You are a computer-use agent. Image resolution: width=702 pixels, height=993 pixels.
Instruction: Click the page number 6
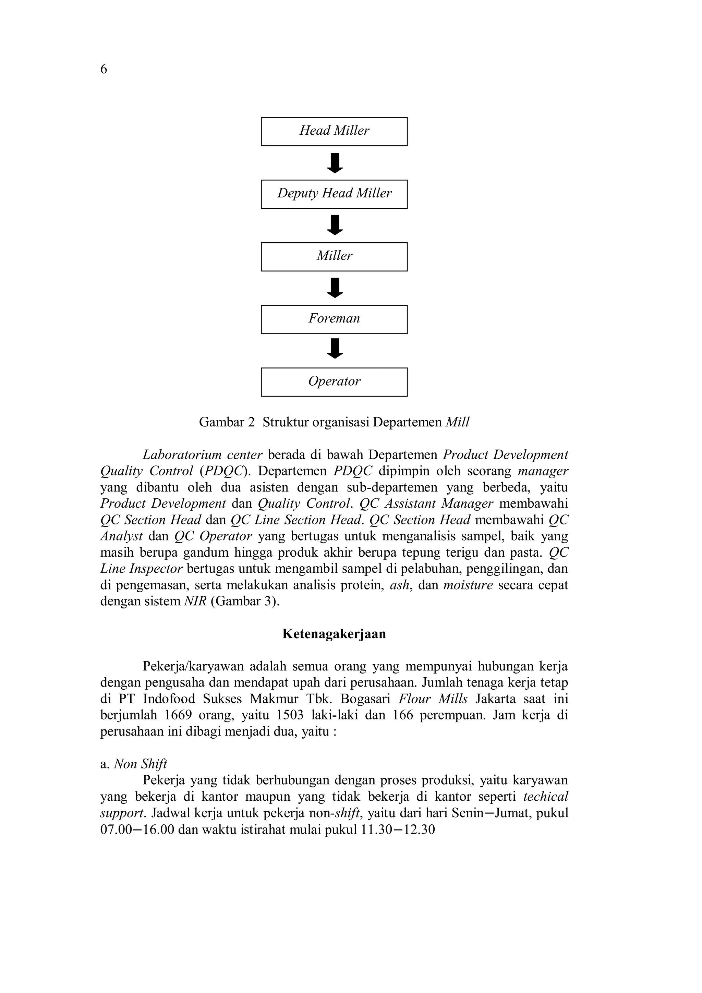point(104,69)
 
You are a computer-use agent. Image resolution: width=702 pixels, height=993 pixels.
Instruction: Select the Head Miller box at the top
point(334,132)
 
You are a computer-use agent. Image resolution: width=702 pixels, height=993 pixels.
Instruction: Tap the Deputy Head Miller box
point(334,194)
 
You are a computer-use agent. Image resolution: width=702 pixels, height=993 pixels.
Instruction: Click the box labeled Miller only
point(334,256)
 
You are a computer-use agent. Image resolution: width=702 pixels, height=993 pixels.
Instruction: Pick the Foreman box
point(334,319)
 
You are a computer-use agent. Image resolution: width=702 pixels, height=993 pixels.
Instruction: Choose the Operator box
point(334,382)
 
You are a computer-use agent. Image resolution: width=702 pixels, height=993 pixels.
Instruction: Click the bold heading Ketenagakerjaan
point(334,634)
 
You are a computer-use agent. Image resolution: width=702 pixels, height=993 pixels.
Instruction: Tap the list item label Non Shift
point(140,764)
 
